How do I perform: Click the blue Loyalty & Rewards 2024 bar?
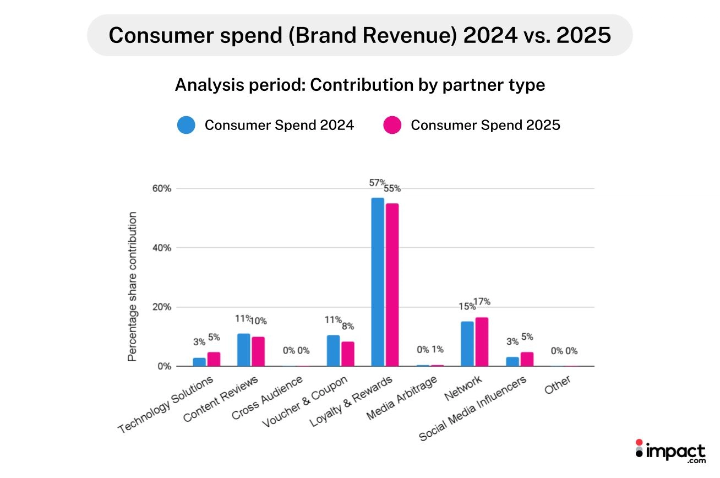(378, 282)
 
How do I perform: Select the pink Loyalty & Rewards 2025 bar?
(392, 285)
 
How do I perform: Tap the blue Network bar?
(467, 344)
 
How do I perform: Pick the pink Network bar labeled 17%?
(482, 341)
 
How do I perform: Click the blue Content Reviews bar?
(243, 350)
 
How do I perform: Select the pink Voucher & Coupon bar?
(347, 354)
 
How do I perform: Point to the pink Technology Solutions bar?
(214, 359)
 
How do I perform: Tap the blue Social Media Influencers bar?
(512, 361)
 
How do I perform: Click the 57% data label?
(378, 182)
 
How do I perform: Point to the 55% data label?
(392, 188)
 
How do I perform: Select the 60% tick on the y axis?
(161, 188)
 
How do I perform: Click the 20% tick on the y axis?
(161, 307)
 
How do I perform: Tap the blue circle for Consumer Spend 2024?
(186, 125)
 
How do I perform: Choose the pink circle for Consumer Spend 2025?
(392, 125)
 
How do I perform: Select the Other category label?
(558, 385)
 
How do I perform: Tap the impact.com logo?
(670, 452)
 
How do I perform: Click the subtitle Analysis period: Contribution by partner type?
(359, 85)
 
